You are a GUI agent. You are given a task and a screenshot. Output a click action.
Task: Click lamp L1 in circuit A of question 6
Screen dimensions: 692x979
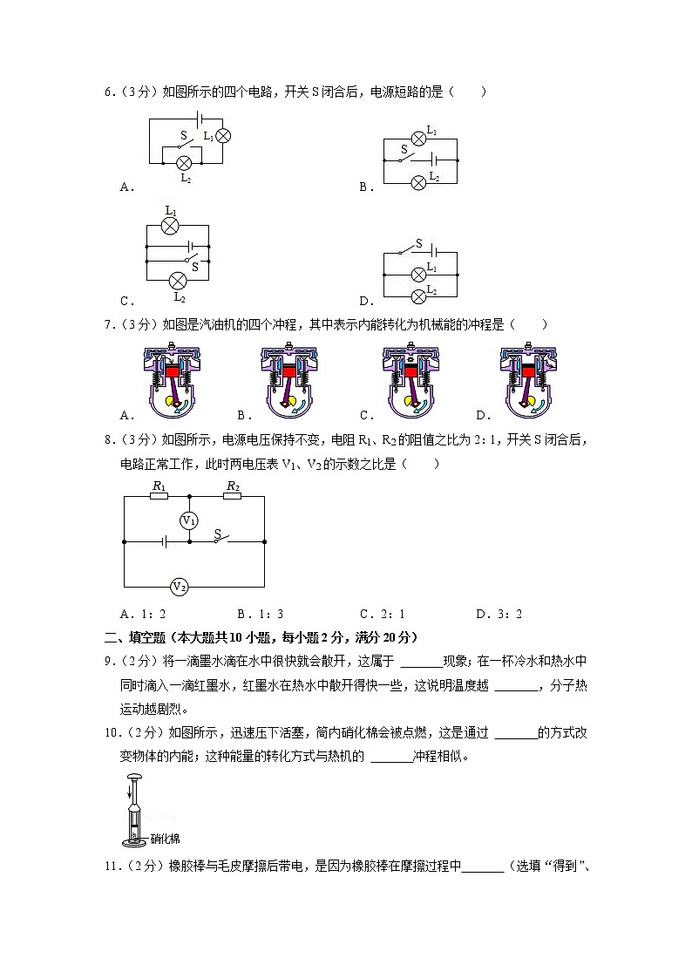222,135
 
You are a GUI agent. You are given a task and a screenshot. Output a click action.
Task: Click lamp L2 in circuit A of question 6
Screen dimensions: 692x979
184,163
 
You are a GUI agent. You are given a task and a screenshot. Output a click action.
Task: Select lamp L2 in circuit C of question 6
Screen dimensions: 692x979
178,280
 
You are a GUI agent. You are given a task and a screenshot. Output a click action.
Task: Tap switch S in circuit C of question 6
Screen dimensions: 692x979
187,260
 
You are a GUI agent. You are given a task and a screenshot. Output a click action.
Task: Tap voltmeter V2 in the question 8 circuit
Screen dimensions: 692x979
179,587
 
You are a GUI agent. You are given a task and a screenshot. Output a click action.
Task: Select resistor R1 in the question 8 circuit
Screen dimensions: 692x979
159,497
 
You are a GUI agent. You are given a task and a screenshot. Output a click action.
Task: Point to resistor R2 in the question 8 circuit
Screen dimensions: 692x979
233,497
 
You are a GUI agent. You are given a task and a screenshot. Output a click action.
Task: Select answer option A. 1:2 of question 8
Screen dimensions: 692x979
143,614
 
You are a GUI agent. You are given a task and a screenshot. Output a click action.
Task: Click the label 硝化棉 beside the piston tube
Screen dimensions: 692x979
165,839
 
